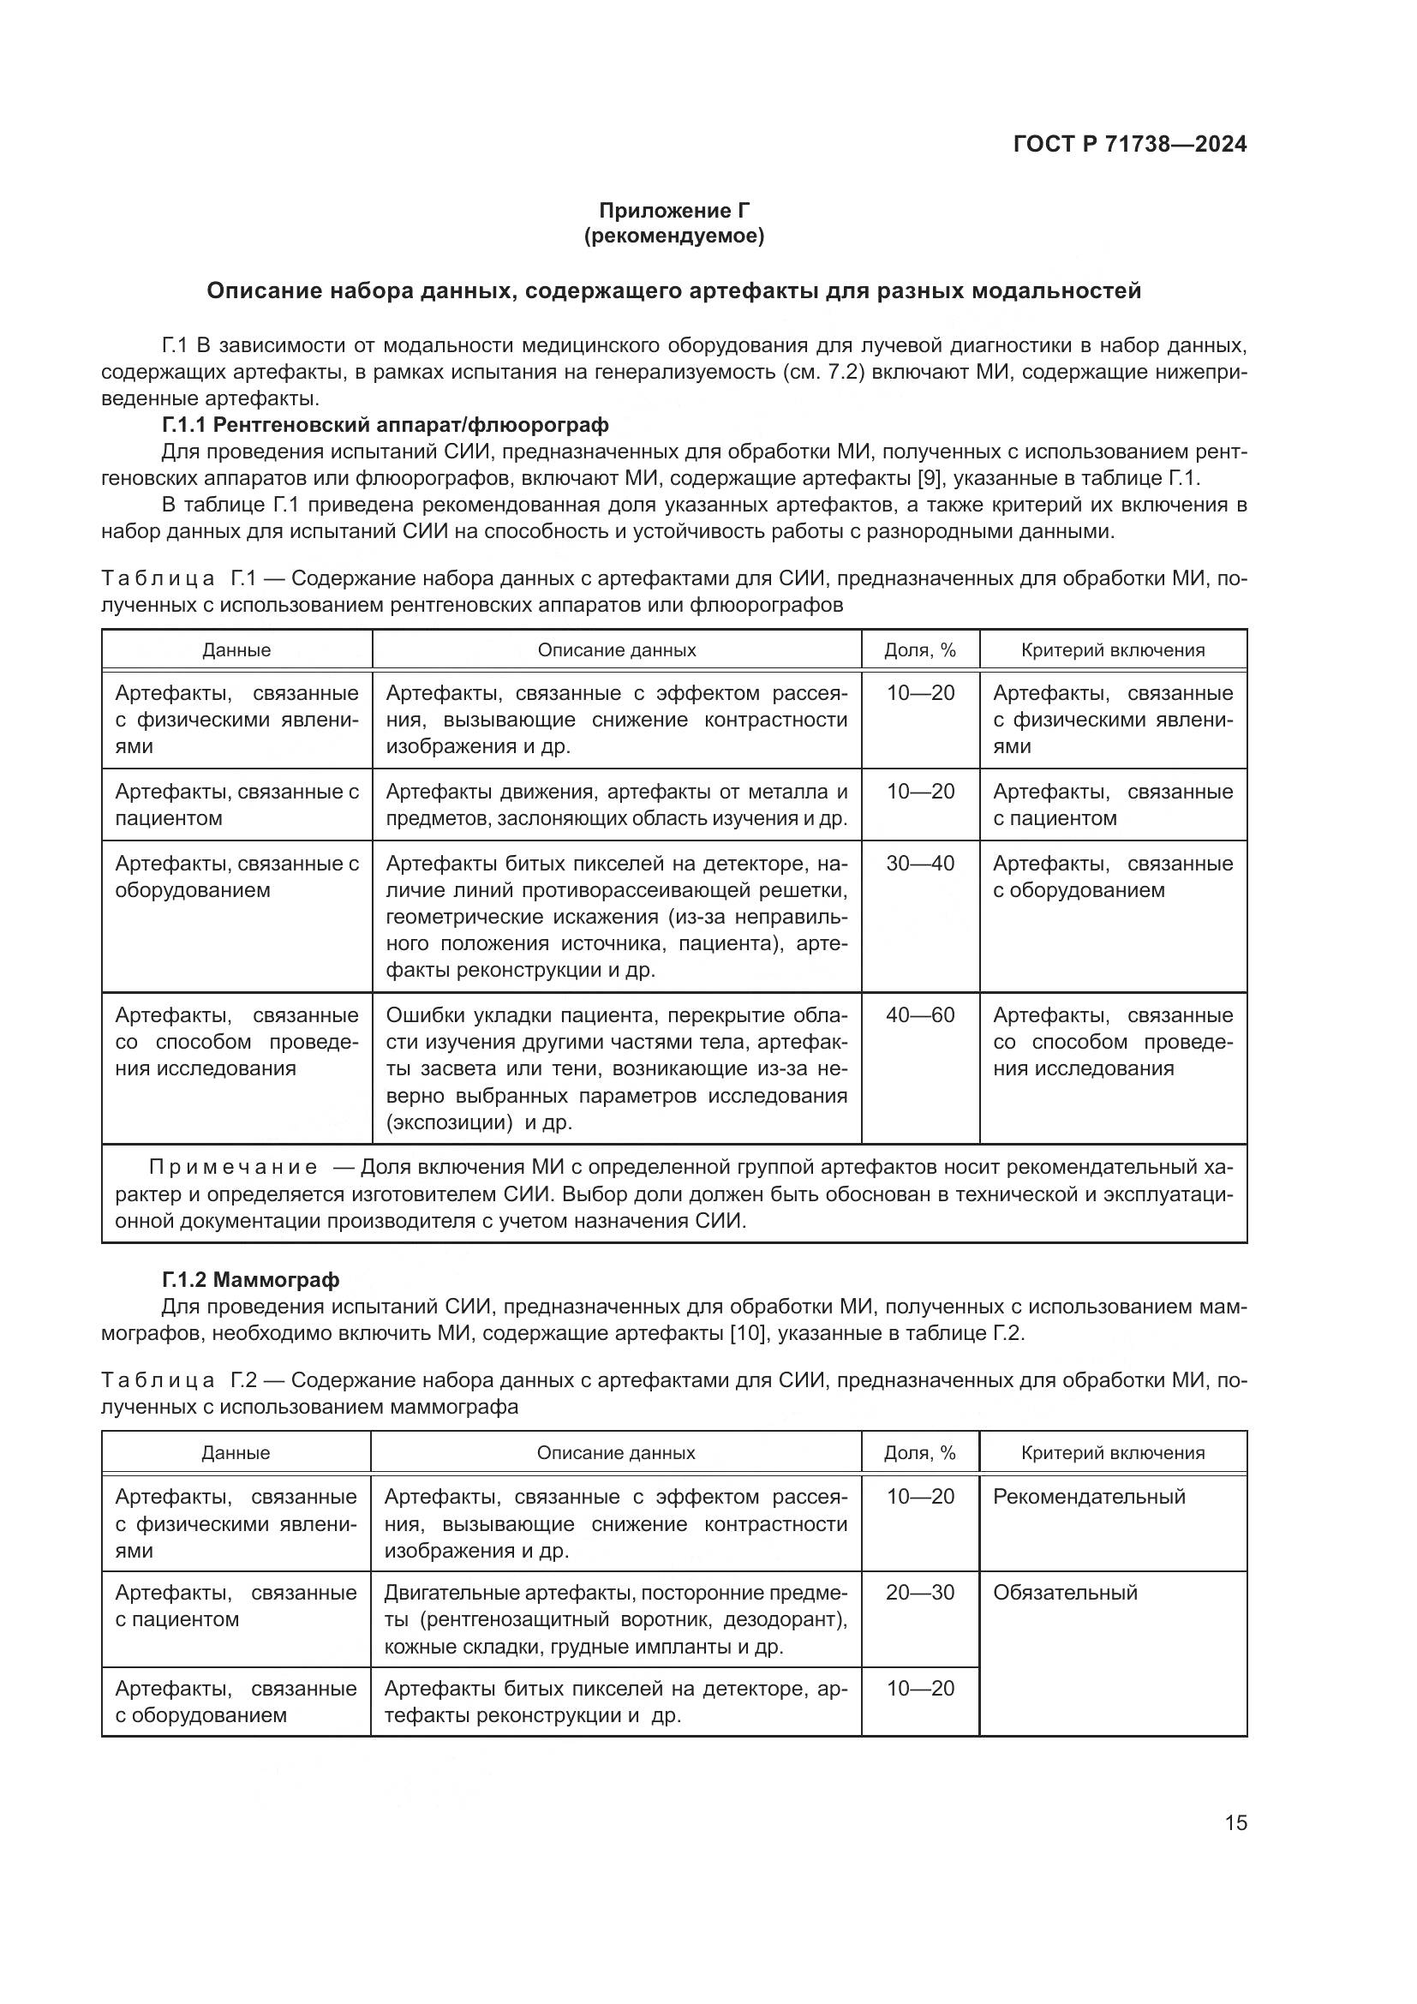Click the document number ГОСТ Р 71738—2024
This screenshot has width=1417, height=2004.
(x=1129, y=144)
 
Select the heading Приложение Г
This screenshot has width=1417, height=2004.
(x=673, y=211)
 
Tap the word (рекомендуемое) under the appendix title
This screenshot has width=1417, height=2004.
(x=673, y=236)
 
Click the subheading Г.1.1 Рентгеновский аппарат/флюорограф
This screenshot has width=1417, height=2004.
(x=385, y=425)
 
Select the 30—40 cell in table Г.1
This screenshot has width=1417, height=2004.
(x=919, y=864)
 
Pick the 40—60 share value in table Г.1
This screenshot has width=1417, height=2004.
(x=919, y=1015)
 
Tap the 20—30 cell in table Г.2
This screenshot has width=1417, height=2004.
(x=919, y=1592)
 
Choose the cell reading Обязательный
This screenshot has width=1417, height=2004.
(x=1065, y=1592)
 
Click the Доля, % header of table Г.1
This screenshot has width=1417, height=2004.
(x=919, y=650)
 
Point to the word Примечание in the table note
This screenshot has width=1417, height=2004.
(x=233, y=1167)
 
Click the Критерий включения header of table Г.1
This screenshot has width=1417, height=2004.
(x=1113, y=650)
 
